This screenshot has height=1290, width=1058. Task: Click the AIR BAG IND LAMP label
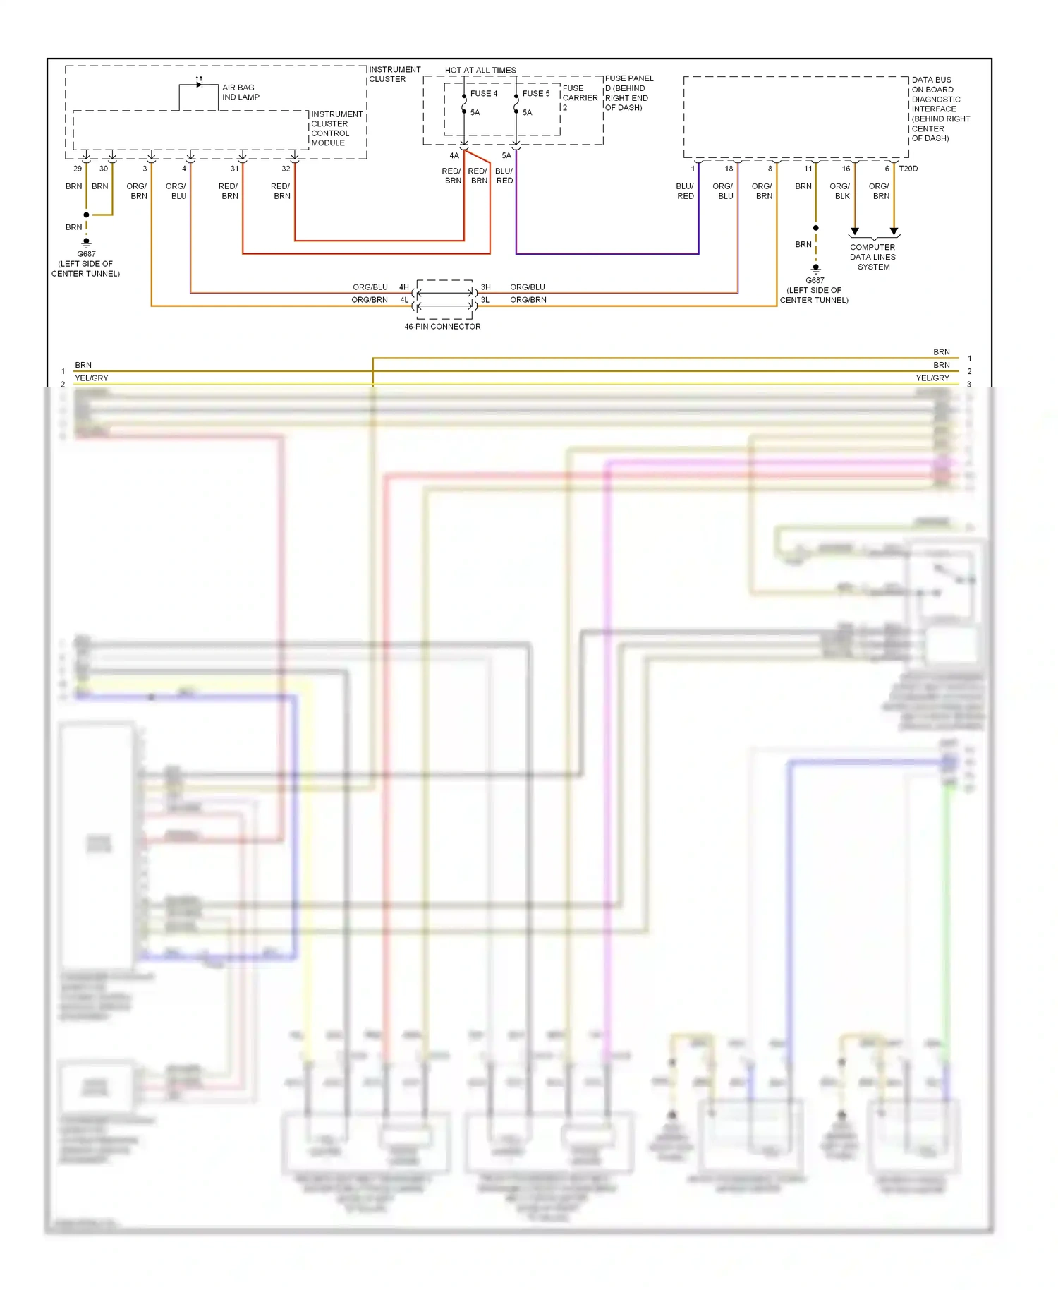[x=241, y=92]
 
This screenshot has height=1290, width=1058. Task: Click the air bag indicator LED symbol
[x=199, y=85]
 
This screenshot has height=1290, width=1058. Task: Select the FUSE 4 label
[x=484, y=94]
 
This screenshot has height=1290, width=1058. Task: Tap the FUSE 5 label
[x=536, y=94]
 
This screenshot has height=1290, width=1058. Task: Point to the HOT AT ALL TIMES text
[x=480, y=71]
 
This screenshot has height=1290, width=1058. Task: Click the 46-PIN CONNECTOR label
[x=442, y=327]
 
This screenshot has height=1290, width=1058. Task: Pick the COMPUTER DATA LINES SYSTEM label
[x=873, y=257]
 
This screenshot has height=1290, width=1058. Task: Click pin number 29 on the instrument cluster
[x=78, y=169]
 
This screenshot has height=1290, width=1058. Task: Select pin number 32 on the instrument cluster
[x=286, y=169]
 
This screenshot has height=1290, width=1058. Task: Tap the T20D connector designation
[x=908, y=169]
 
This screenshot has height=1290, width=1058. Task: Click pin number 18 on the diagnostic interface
[x=729, y=169]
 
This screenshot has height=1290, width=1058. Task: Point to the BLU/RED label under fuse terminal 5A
[x=504, y=176]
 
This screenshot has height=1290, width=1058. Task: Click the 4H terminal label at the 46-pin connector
[x=404, y=287]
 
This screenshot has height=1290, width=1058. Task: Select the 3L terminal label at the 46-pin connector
[x=485, y=300]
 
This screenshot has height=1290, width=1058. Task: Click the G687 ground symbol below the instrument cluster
[x=87, y=243]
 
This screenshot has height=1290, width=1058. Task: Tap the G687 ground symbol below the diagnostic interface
[x=815, y=269]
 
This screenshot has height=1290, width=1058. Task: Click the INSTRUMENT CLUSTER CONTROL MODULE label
[x=336, y=128]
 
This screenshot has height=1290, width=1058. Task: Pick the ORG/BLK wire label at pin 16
[x=841, y=191]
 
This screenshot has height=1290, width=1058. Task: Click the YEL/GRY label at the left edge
[x=92, y=378]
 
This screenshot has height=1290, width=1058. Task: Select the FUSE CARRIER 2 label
[x=579, y=98]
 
